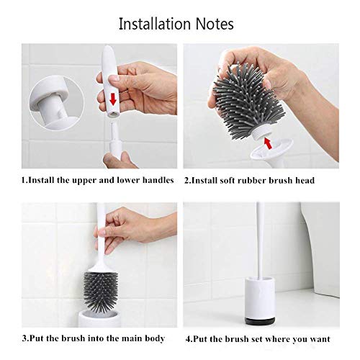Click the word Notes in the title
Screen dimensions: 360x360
point(215,24)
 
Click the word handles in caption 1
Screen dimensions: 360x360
point(156,180)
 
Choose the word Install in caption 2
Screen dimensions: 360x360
point(211,180)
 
